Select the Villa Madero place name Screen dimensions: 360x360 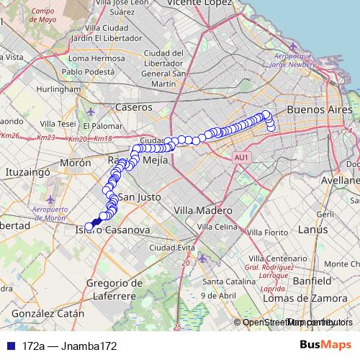tap(204, 210)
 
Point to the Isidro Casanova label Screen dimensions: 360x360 tap(112, 230)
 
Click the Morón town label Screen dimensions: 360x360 tap(76, 163)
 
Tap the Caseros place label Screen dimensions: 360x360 tap(134, 107)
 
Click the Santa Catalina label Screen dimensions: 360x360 tap(224, 281)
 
